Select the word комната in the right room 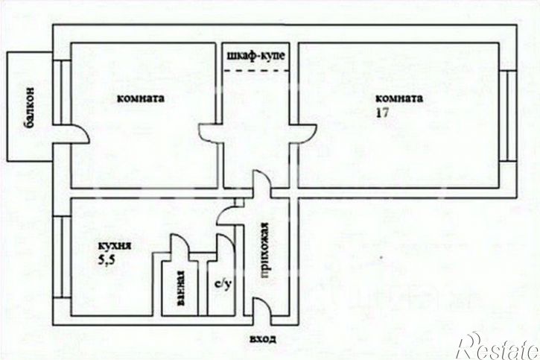(399, 98)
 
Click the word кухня (115, 244)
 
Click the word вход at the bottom (263, 338)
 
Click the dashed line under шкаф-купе (256, 70)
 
